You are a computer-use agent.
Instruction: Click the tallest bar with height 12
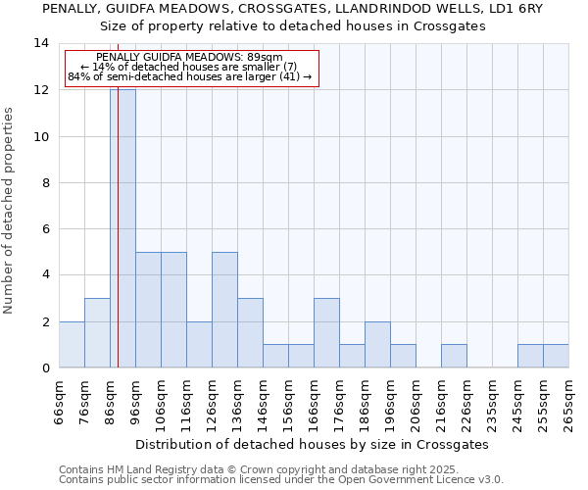coord(123,228)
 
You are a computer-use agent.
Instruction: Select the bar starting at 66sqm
coord(72,344)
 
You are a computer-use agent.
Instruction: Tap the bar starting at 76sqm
coord(97,332)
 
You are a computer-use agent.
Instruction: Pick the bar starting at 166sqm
coord(326,332)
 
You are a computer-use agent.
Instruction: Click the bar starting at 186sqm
coord(377,344)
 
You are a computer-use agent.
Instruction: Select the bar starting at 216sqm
coord(454,356)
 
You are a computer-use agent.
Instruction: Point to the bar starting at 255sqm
coord(556,356)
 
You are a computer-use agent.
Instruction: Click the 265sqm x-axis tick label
coord(567,403)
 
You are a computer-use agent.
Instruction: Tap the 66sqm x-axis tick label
coord(58,403)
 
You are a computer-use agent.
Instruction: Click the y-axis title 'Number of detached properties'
coord(10,211)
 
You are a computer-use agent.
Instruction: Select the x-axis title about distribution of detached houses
coord(312,444)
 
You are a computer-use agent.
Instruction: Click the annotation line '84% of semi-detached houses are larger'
coord(190,76)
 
